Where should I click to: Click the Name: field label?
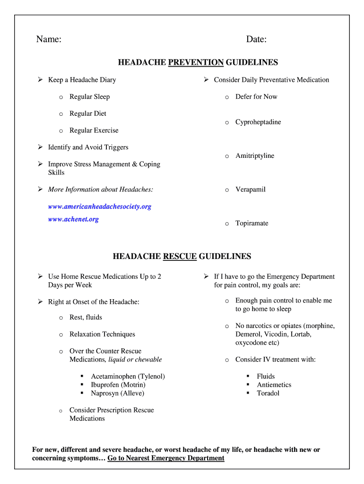point(49,40)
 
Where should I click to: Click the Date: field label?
point(256,40)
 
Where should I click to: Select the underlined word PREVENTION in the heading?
point(196,62)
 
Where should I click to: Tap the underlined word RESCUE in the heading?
point(180,257)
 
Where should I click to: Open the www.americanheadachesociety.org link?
point(100,207)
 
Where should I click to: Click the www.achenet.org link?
point(73,219)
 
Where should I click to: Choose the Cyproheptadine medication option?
point(258,122)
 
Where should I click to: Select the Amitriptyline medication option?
point(255,156)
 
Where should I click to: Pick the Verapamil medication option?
point(251,190)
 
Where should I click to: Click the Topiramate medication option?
point(252,223)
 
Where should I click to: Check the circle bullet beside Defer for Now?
point(227,97)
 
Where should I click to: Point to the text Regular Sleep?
point(89,97)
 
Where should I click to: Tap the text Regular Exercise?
point(94,130)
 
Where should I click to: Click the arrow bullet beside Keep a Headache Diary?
point(40,80)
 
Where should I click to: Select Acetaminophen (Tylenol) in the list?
point(128,376)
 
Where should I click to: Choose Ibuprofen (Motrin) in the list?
point(118,385)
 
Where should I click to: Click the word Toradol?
point(268,393)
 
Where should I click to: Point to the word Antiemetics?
point(274,385)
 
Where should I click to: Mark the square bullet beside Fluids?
point(248,377)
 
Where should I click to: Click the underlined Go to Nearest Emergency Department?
point(166,458)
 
